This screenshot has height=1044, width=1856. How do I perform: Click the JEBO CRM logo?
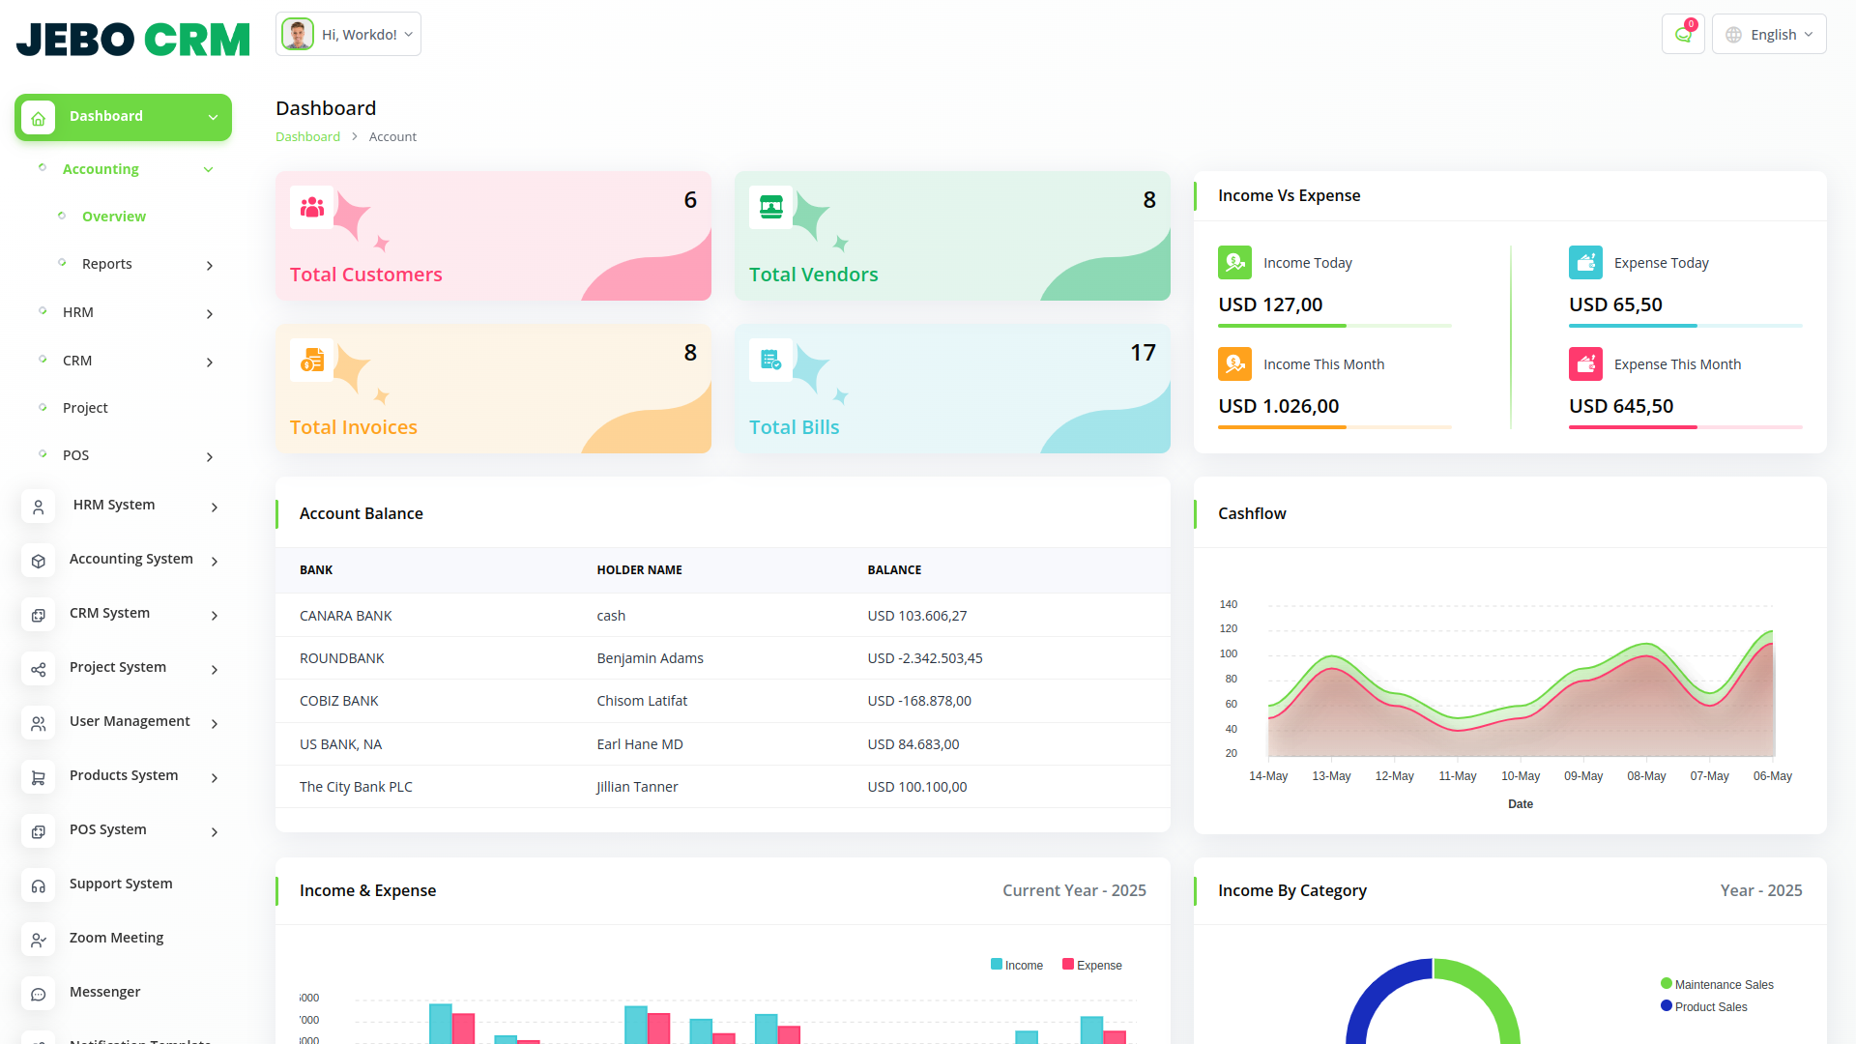133,39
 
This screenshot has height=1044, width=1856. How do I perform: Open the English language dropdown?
1768,35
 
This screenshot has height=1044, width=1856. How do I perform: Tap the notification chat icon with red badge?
1683,35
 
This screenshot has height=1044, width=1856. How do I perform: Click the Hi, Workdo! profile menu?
348,35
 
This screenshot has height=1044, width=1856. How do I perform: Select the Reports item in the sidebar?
107,264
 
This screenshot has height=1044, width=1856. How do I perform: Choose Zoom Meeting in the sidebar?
116,938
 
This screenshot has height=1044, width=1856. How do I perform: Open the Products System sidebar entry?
124,775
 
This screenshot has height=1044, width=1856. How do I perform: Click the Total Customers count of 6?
690,200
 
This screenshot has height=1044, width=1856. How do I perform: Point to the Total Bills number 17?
1143,353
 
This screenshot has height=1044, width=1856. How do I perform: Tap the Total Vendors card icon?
771,207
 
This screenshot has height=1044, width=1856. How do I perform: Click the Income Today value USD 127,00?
1270,304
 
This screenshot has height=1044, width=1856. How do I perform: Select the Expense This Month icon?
1585,364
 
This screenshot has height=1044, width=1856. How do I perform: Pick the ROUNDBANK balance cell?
924,658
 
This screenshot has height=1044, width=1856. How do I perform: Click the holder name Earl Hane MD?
640,744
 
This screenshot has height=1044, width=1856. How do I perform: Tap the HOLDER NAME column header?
639,570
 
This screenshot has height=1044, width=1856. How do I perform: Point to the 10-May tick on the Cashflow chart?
1521,776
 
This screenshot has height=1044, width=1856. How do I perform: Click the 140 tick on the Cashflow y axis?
1229,604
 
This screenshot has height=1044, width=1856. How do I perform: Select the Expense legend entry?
1092,965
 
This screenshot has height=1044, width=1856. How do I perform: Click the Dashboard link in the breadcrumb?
307,136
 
